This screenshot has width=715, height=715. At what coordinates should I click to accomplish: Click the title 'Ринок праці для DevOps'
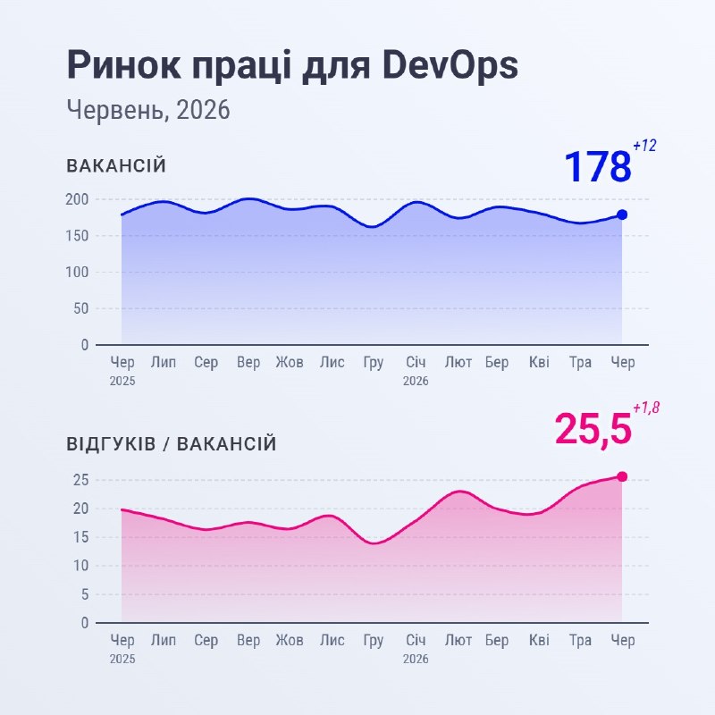[292, 65]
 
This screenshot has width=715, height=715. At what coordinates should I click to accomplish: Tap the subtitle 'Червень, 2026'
[148, 110]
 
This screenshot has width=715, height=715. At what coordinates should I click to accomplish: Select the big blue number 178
[598, 166]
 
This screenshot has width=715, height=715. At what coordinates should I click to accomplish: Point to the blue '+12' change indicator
[644, 146]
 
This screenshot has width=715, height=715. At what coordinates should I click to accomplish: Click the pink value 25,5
[593, 429]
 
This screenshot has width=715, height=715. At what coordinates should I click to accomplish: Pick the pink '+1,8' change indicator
[646, 408]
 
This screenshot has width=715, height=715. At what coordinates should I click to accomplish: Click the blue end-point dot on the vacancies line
[622, 214]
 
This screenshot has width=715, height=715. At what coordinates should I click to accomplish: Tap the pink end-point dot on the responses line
[622, 476]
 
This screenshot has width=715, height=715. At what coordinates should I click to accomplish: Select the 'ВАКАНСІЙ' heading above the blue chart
[116, 165]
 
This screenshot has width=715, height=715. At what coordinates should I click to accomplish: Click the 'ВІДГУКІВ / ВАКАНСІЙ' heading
[172, 443]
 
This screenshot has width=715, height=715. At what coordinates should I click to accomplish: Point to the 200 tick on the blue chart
[77, 199]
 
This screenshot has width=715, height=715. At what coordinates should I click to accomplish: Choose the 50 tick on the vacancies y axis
[80, 308]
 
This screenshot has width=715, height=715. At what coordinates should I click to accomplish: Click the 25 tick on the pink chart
[80, 480]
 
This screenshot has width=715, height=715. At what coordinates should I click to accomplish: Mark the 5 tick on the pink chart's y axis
[84, 594]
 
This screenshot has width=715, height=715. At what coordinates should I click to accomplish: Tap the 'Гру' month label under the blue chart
[374, 363]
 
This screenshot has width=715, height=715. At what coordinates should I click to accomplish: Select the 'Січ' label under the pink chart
[416, 640]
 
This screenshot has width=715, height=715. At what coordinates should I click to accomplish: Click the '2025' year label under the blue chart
[122, 381]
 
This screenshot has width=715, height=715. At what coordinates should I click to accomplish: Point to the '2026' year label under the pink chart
[416, 659]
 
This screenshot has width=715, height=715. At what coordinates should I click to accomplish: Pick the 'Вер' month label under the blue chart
[248, 363]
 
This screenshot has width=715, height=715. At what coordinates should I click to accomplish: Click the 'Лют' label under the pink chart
[458, 640]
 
